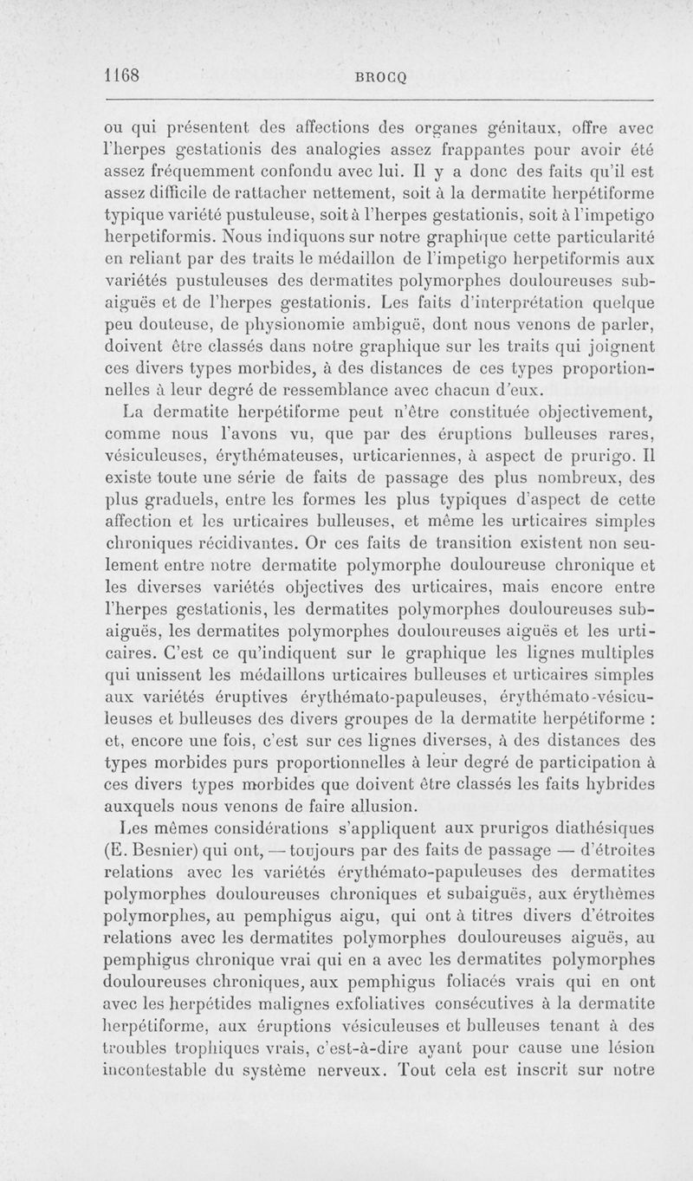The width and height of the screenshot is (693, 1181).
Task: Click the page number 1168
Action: (x=122, y=75)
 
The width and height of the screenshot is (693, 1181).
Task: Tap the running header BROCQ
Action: (x=378, y=76)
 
